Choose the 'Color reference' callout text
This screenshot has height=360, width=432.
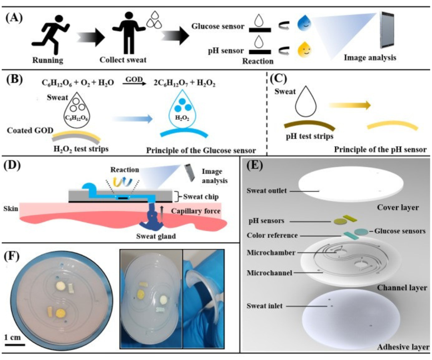click(x=272, y=235)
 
